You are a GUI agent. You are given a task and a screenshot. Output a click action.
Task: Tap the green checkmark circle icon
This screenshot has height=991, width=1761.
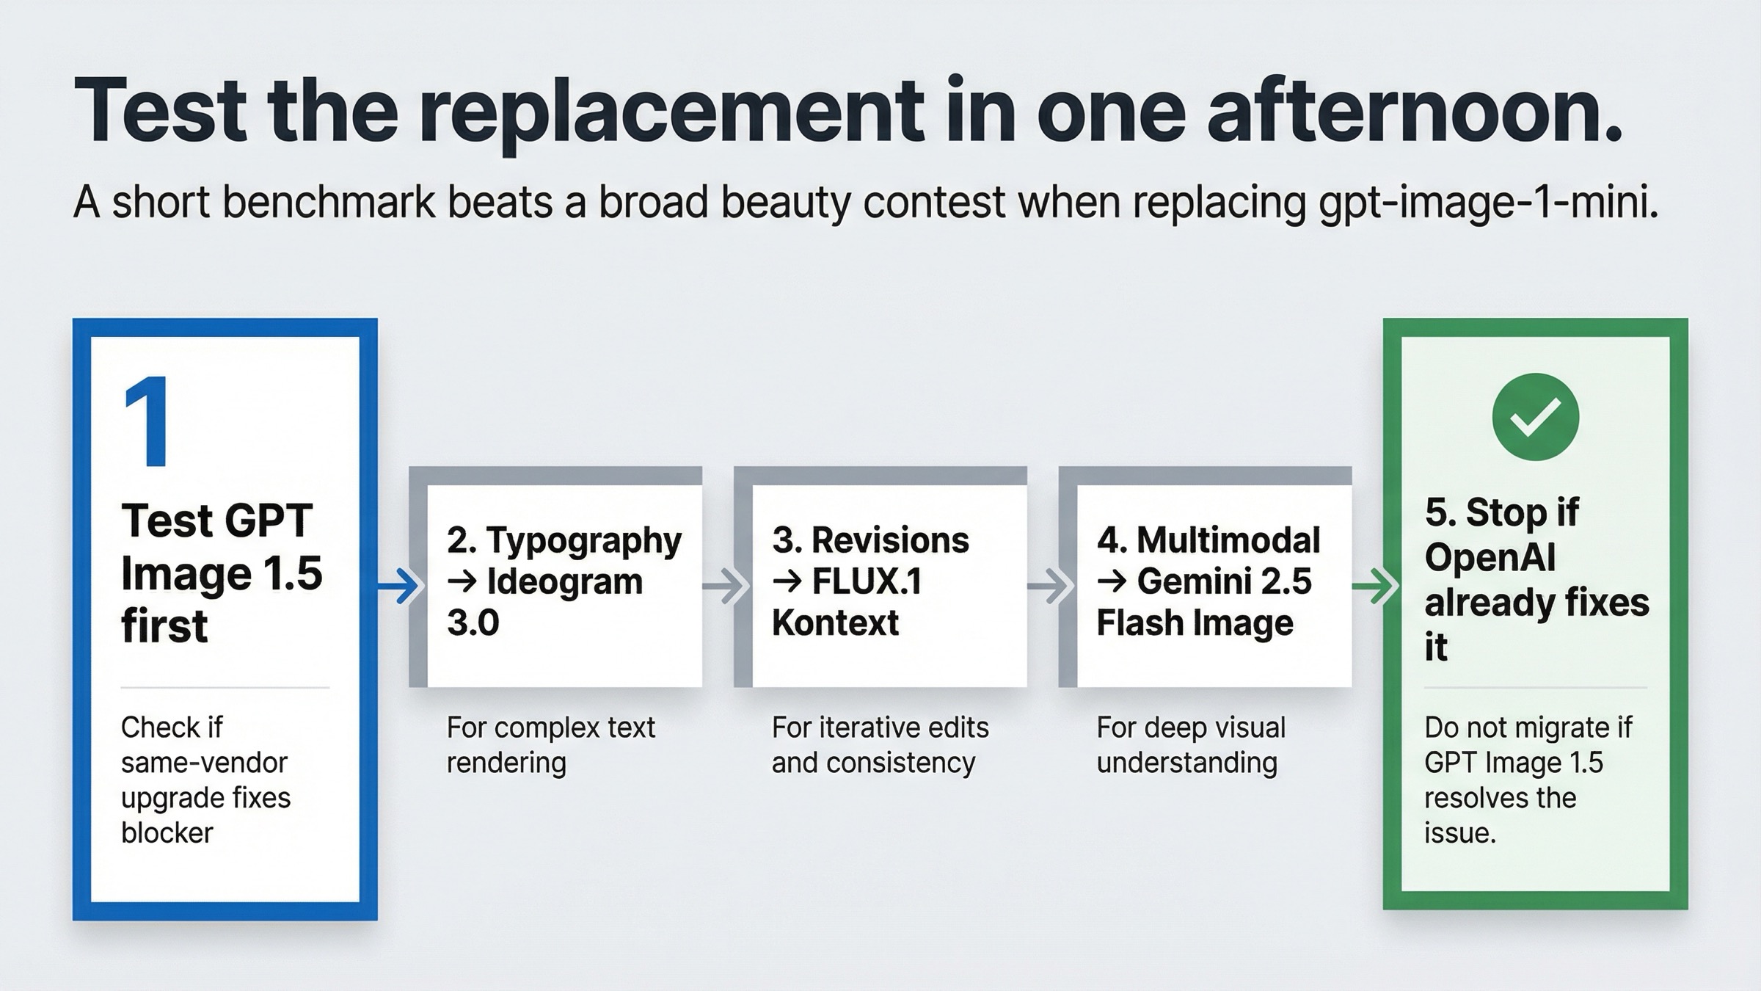pyautogui.click(x=1535, y=417)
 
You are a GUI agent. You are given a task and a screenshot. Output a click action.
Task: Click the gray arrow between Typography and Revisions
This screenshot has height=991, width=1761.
pyautogui.click(x=724, y=586)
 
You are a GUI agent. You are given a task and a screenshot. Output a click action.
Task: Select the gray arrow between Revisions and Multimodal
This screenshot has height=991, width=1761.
pyautogui.click(x=1049, y=586)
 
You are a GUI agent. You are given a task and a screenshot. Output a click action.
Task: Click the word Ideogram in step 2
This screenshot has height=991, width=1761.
pyautogui.click(x=565, y=582)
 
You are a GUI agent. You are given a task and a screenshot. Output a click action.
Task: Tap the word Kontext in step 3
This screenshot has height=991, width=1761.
pyautogui.click(x=835, y=623)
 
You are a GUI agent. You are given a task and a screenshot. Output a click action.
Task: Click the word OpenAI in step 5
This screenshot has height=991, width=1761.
pyautogui.click(x=1490, y=558)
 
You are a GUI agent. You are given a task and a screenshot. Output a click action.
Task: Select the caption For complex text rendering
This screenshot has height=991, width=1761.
pyautogui.click(x=550, y=745)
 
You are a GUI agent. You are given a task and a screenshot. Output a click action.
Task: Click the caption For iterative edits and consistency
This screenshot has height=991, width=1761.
pyautogui.click(x=879, y=745)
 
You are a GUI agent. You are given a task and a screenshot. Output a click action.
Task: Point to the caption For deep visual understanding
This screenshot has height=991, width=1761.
pyautogui.click(x=1190, y=745)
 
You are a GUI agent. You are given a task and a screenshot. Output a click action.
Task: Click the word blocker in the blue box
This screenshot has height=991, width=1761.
pyautogui.click(x=167, y=833)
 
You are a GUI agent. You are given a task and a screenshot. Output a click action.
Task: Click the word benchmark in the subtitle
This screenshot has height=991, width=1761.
pyautogui.click(x=329, y=203)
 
